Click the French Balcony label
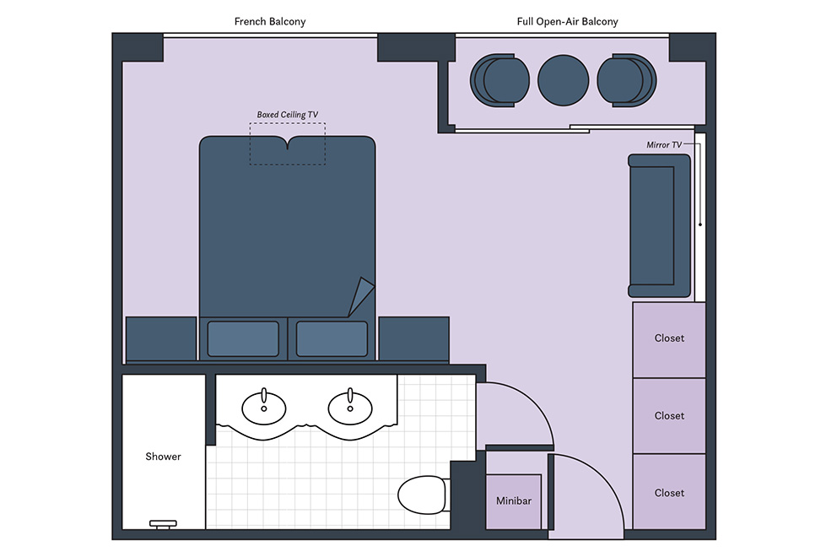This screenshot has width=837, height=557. (x=269, y=21)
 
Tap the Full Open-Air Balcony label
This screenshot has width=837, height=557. (x=567, y=21)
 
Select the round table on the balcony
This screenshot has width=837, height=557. (x=563, y=80)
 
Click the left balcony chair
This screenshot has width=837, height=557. (x=499, y=80)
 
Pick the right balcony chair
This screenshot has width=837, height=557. (x=627, y=80)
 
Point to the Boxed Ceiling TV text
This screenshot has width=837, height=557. (x=287, y=114)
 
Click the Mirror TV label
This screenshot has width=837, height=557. (x=663, y=144)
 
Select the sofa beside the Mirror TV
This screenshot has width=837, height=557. (x=659, y=225)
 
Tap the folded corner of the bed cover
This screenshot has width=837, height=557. (x=361, y=296)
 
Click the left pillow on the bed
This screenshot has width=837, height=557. (x=243, y=338)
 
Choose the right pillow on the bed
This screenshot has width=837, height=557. (x=332, y=338)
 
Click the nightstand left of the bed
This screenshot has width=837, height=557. (x=161, y=339)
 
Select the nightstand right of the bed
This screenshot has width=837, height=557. (x=413, y=339)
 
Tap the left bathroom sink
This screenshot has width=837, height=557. (x=264, y=408)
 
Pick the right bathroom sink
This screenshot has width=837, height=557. (x=350, y=408)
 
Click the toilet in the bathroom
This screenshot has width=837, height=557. (x=423, y=495)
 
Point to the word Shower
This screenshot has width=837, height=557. (x=164, y=457)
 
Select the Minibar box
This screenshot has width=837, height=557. (x=514, y=501)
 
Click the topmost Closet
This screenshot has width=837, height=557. (x=669, y=339)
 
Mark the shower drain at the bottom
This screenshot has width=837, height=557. (x=164, y=524)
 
